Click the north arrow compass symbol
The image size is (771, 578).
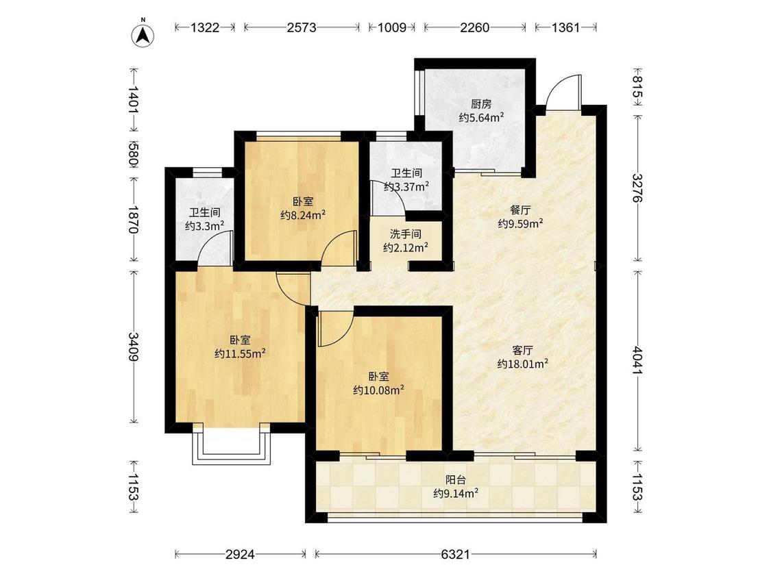(143, 35)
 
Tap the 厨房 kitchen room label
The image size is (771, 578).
(481, 104)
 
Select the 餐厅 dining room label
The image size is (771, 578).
(520, 210)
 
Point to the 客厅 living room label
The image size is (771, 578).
(523, 351)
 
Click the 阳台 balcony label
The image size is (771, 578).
(456, 479)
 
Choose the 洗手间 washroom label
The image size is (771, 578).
(406, 234)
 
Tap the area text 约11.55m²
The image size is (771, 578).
(241, 353)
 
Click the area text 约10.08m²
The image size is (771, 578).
(378, 390)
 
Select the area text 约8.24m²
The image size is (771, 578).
(303, 215)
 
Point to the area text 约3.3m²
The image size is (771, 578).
(204, 226)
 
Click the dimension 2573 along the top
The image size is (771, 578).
(302, 27)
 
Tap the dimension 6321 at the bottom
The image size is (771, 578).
(455, 555)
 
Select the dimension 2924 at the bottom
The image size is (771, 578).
(241, 555)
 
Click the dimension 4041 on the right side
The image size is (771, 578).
(637, 361)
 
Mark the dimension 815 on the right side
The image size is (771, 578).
(637, 87)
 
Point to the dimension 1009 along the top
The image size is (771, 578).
(392, 27)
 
